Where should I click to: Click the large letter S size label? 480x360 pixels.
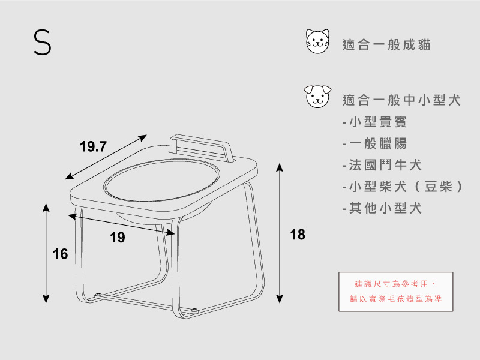click(x=42, y=43)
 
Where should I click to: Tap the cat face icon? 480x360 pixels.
click(x=319, y=41)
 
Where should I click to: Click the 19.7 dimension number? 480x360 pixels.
click(x=93, y=146)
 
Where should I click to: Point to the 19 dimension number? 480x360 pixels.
click(x=118, y=238)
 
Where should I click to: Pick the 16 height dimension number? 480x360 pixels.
click(x=60, y=254)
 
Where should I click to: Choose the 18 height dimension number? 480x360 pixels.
click(x=298, y=235)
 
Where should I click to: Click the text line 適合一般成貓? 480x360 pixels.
click(x=386, y=45)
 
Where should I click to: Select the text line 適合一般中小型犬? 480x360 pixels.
click(x=401, y=101)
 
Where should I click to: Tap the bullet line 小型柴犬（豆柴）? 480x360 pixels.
click(x=403, y=187)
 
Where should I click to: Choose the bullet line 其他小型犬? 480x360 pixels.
click(x=382, y=208)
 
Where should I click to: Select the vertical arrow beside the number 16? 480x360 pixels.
click(x=46, y=252)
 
